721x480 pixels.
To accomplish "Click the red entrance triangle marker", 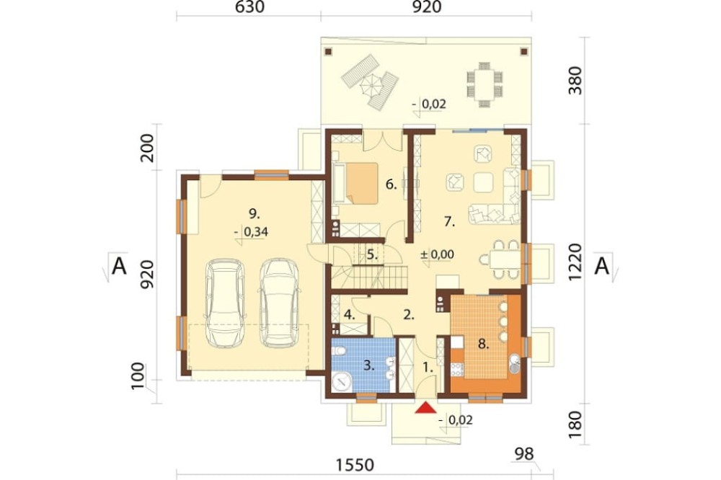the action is (425, 407).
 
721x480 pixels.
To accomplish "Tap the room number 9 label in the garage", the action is (255, 213).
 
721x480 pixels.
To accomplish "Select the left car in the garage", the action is (225, 303).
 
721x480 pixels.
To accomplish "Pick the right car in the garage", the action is (280, 303).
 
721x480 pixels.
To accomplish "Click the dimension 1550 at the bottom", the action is (355, 465).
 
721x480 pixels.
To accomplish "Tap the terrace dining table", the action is (485, 84).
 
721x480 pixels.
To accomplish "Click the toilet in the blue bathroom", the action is (339, 352).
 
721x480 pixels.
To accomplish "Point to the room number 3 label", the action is (368, 365).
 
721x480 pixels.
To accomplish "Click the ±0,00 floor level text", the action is (438, 254).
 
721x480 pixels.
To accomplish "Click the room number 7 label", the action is (449, 222).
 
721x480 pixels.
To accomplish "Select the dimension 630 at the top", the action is (249, 7).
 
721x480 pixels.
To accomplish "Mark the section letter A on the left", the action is (119, 266).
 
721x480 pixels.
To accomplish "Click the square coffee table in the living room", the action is (483, 182).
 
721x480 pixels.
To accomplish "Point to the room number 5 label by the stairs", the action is (372, 254).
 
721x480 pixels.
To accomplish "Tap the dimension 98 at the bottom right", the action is (524, 454).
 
